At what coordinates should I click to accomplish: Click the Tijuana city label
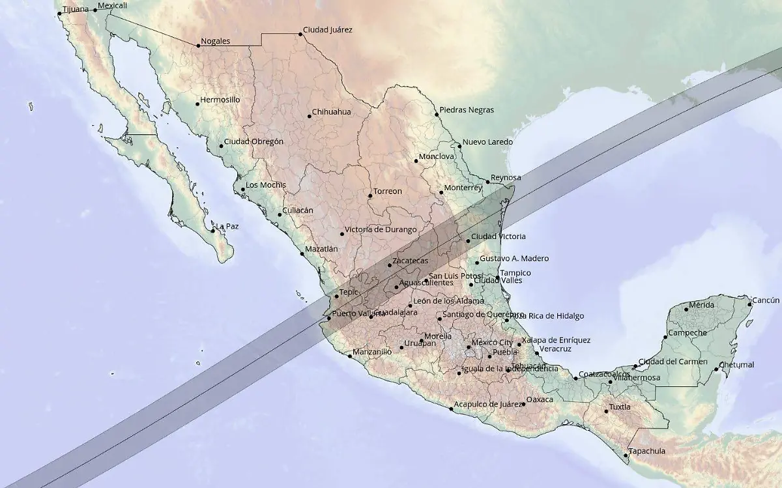point(75,9)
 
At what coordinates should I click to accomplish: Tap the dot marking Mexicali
point(95,10)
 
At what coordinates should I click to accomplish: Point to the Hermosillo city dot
point(197,104)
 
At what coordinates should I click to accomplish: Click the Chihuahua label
point(331,112)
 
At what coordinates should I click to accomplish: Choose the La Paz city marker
point(213,230)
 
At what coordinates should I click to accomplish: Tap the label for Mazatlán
point(321,249)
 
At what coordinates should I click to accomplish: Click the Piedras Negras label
point(467,110)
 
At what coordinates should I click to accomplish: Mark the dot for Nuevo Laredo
point(459,146)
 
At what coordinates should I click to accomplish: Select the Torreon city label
point(386,192)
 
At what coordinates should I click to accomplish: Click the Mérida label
point(701,305)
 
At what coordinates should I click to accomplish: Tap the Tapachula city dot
point(626,454)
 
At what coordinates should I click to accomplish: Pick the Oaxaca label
point(540,399)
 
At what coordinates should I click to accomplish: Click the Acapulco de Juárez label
point(488,405)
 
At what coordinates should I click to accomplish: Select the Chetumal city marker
point(716,369)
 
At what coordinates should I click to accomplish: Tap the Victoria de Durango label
point(380,230)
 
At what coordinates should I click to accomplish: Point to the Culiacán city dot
point(280,214)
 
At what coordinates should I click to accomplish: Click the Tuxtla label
point(620,407)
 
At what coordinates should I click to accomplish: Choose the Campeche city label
point(688,333)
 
